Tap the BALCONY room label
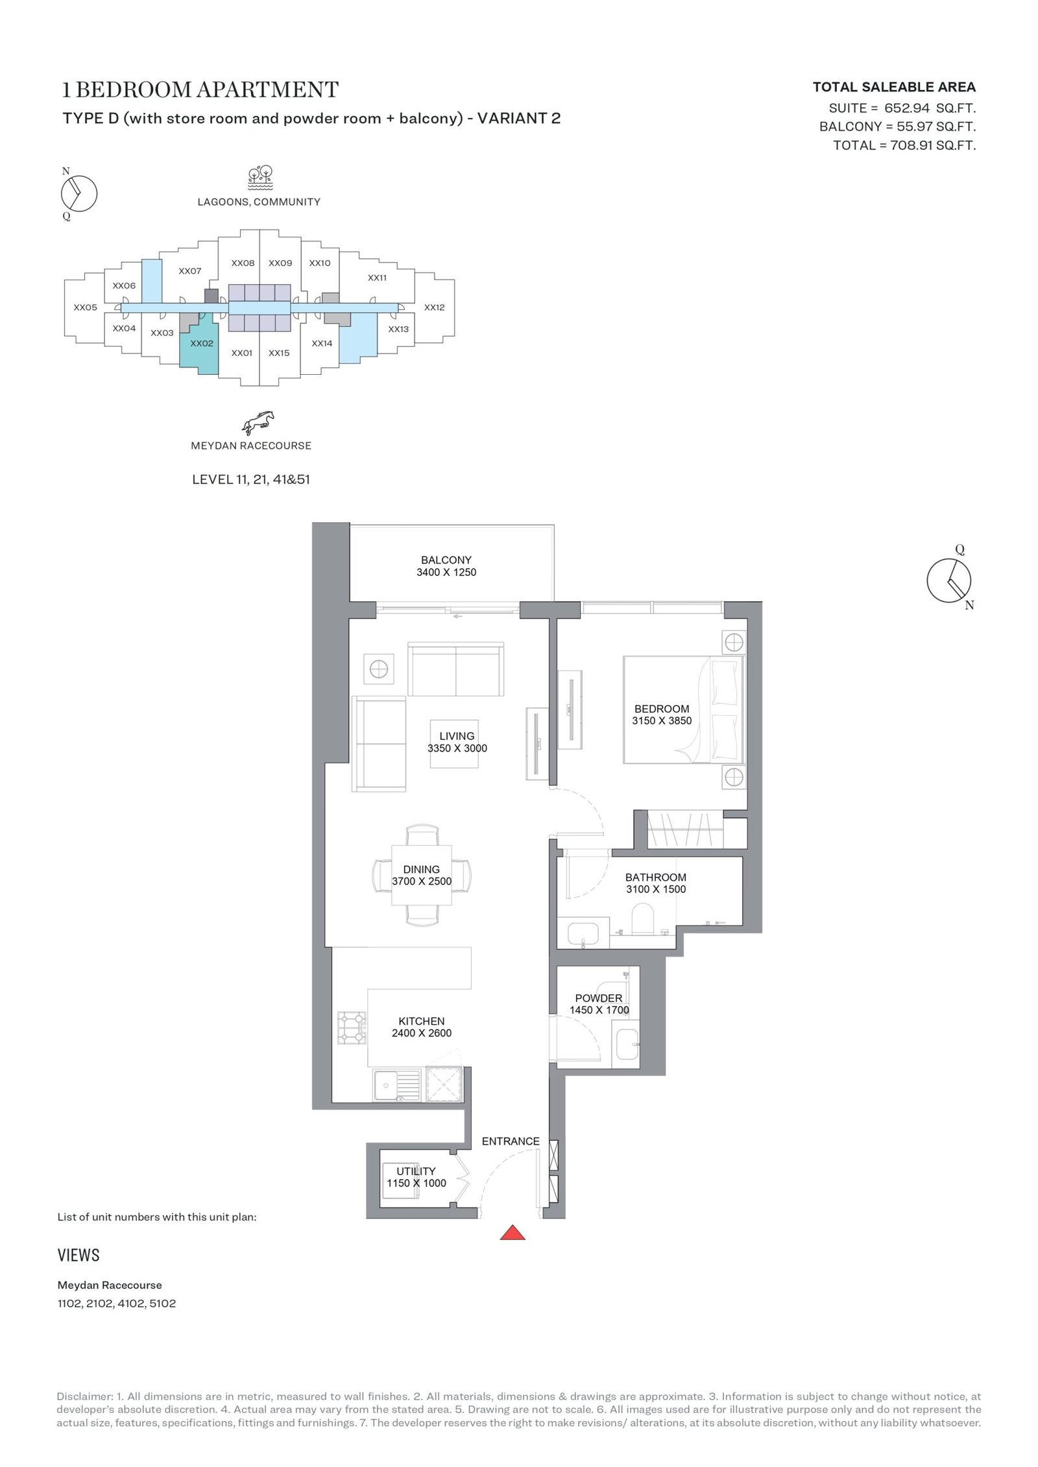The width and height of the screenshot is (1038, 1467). click(446, 560)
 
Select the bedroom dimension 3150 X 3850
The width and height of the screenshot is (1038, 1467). click(662, 721)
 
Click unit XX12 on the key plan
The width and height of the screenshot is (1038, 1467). click(435, 307)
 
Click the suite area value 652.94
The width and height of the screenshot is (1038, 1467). click(907, 108)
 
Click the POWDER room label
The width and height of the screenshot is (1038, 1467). click(599, 998)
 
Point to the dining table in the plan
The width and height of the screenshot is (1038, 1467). click(422, 875)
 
